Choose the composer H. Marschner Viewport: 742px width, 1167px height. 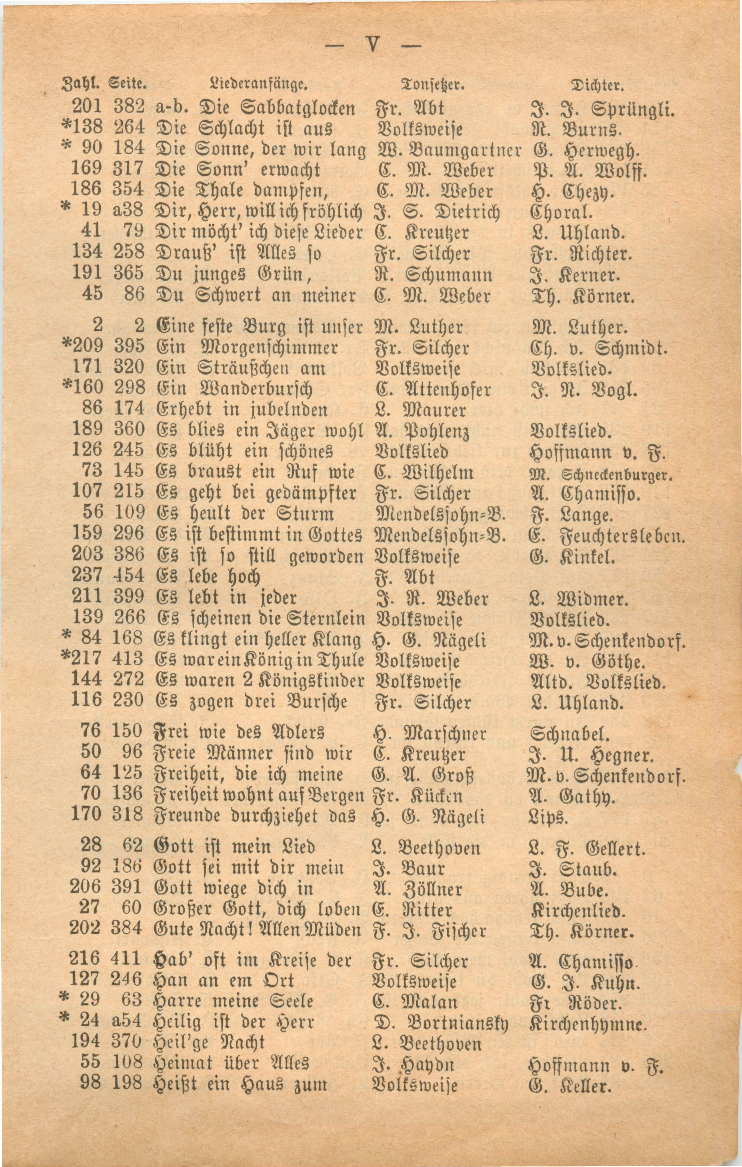point(429,733)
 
